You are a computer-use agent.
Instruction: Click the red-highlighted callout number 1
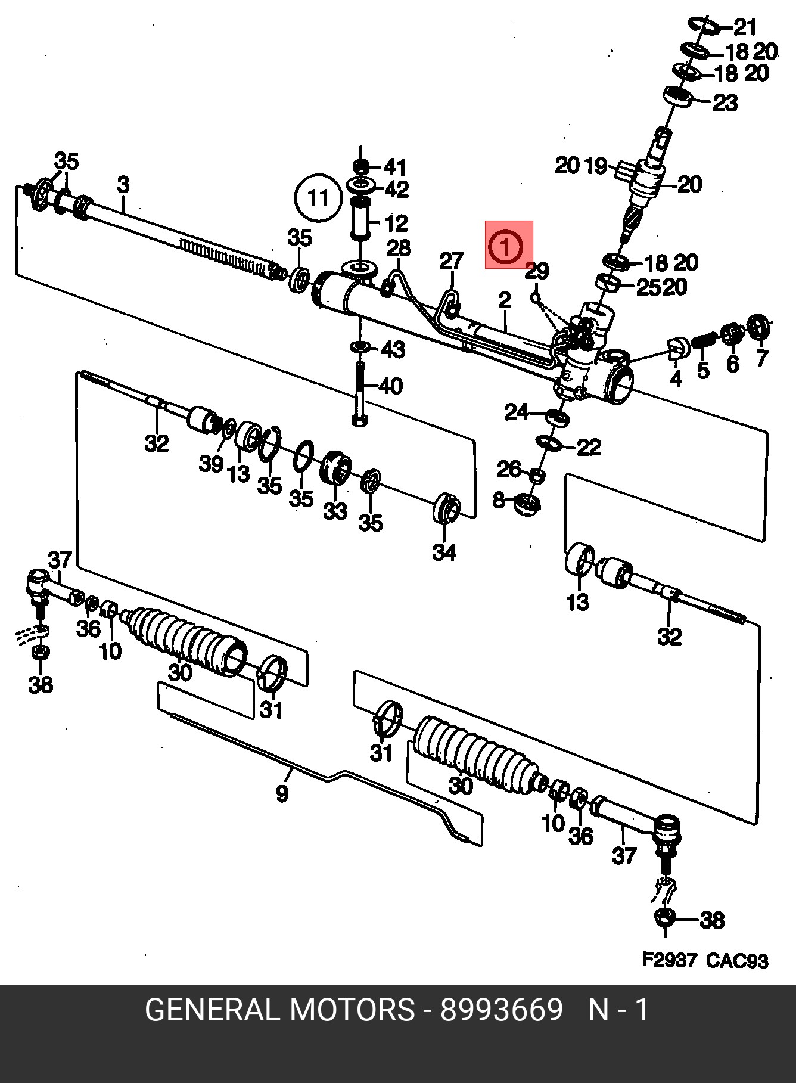505,246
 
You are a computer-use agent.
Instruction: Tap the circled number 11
318,197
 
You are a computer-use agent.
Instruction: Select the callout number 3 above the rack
123,185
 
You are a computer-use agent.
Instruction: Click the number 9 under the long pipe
282,793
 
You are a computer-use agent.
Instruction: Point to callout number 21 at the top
744,27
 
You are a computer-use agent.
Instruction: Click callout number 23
725,104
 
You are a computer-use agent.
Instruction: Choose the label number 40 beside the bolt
390,386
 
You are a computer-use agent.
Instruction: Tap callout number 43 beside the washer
393,349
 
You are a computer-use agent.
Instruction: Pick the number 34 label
444,552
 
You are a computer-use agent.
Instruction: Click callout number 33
335,511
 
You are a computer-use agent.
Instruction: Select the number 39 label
211,463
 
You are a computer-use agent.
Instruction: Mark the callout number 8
499,499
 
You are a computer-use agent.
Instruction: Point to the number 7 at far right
762,358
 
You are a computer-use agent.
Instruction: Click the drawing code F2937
668,960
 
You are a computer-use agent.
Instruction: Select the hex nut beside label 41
360,166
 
